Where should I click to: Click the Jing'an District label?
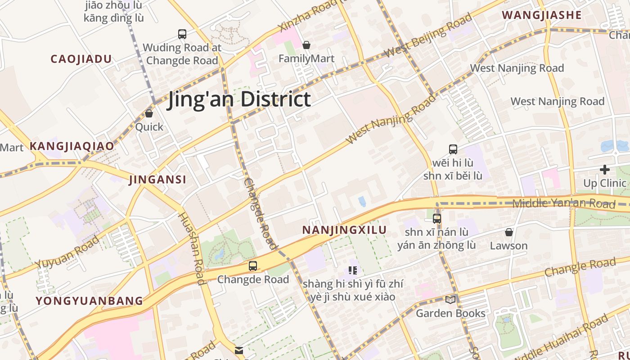click(239, 99)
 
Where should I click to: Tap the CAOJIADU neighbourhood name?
click(81, 59)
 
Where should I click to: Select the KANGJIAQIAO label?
click(72, 146)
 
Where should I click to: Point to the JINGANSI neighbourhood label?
click(157, 180)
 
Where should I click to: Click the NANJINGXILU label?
click(344, 230)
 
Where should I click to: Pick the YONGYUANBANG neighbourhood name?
click(89, 301)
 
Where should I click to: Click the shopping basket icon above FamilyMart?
click(306, 45)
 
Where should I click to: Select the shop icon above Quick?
click(149, 113)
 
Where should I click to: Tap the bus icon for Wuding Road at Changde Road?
click(182, 34)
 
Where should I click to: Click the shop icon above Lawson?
click(509, 232)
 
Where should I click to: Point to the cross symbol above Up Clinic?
click(605, 170)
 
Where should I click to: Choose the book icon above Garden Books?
click(450, 300)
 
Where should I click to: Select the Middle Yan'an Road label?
click(564, 203)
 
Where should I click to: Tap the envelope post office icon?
click(239, 350)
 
